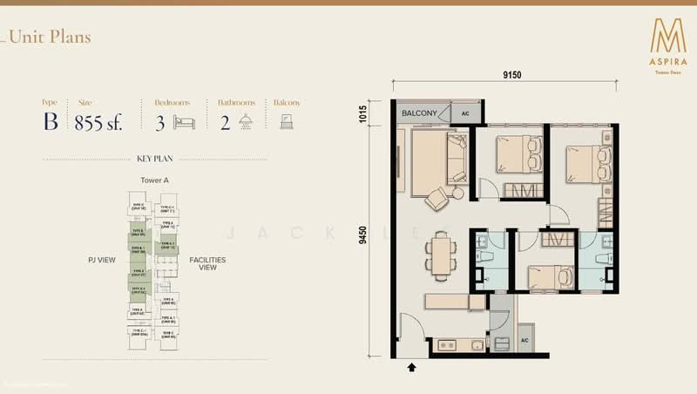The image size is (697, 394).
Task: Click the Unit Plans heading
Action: [50, 37]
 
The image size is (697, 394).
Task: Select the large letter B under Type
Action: [51, 121]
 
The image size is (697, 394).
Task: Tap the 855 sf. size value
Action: [98, 122]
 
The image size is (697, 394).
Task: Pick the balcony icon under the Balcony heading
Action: [286, 122]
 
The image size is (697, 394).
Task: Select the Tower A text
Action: [153, 180]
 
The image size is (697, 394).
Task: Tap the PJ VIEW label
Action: [103, 260]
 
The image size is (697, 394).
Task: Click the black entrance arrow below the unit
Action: [412, 368]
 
